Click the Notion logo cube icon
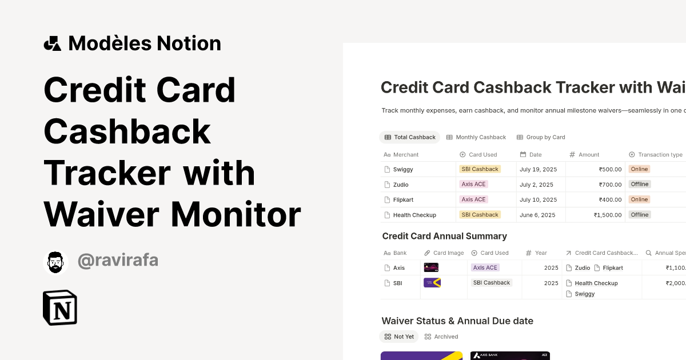(60, 307)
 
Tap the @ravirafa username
(118, 261)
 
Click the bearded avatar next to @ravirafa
(55, 262)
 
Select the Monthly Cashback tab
(476, 137)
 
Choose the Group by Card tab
(541, 137)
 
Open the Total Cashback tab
(410, 137)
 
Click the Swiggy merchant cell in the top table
(403, 169)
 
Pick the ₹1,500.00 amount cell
(608, 215)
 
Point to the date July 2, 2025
(536, 185)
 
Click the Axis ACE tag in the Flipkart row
(473, 199)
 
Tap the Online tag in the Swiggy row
(639, 169)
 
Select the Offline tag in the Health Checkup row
(639, 215)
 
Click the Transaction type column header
(660, 154)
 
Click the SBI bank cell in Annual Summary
(398, 283)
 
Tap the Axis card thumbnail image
(431, 267)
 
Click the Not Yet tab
(399, 337)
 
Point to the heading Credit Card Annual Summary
(444, 236)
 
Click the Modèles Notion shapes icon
(53, 43)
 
